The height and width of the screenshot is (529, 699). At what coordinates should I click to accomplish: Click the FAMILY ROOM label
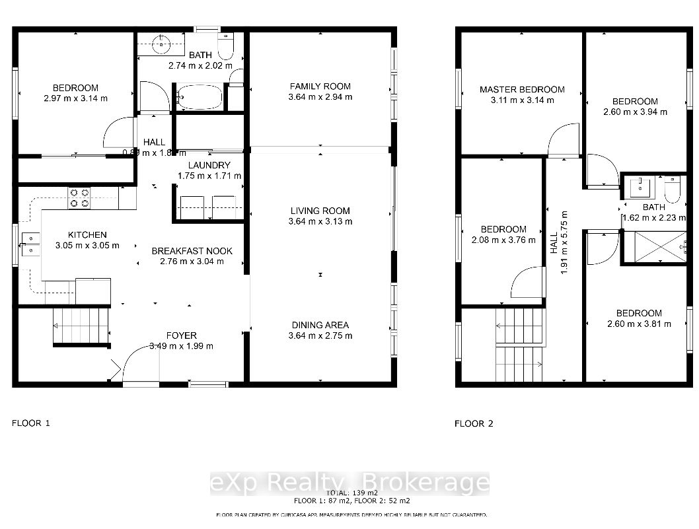(x=320, y=87)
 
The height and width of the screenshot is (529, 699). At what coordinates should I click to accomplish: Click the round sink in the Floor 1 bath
(x=159, y=45)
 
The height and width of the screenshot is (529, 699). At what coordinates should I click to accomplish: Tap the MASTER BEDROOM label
(x=522, y=90)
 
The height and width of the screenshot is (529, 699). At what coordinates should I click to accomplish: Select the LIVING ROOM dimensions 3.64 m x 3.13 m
(x=320, y=222)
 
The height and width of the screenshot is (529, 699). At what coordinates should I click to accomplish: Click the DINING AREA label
(x=320, y=325)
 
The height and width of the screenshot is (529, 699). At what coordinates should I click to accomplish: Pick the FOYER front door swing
(x=139, y=363)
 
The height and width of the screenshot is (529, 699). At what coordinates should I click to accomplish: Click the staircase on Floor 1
(x=81, y=326)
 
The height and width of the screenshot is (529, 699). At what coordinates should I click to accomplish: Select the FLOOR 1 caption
(x=31, y=423)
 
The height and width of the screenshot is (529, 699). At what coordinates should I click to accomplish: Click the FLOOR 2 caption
(x=474, y=423)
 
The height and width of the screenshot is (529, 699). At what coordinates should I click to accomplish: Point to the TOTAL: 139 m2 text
(x=352, y=493)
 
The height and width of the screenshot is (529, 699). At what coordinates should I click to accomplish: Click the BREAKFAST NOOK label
(x=192, y=251)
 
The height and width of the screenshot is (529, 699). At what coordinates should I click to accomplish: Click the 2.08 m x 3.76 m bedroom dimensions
(x=503, y=240)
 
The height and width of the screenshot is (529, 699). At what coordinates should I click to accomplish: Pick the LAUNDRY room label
(x=209, y=165)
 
